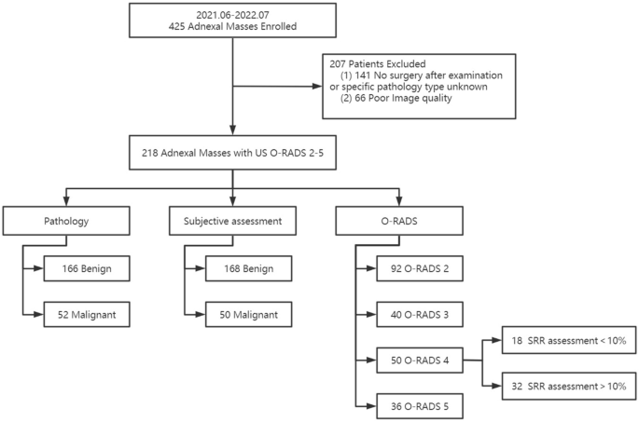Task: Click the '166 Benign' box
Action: pos(85,269)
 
